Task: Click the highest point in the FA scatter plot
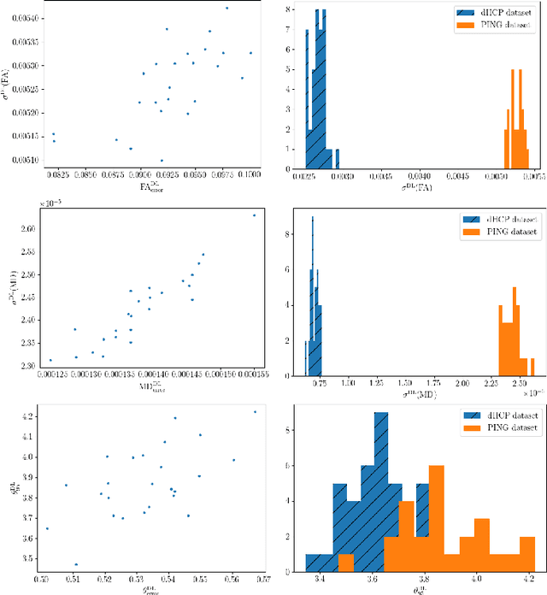(x=226, y=8)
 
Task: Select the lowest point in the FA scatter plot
(x=162, y=160)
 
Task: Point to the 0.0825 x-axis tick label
(x=56, y=174)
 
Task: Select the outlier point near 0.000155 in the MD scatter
(x=253, y=215)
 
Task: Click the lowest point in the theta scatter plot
(x=76, y=564)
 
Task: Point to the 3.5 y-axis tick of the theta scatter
(x=30, y=559)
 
